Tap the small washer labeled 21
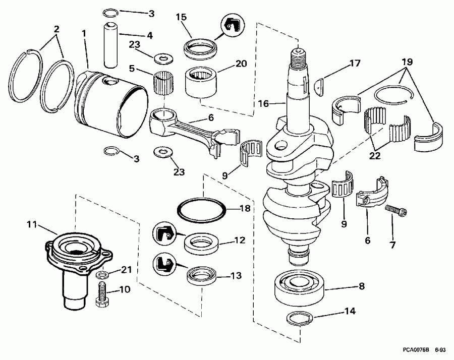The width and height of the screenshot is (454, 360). [x=101, y=275]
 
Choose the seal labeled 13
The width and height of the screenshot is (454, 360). [x=201, y=277]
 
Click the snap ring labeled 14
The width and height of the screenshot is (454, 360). [x=301, y=318]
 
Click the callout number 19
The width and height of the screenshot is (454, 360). [x=407, y=62]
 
